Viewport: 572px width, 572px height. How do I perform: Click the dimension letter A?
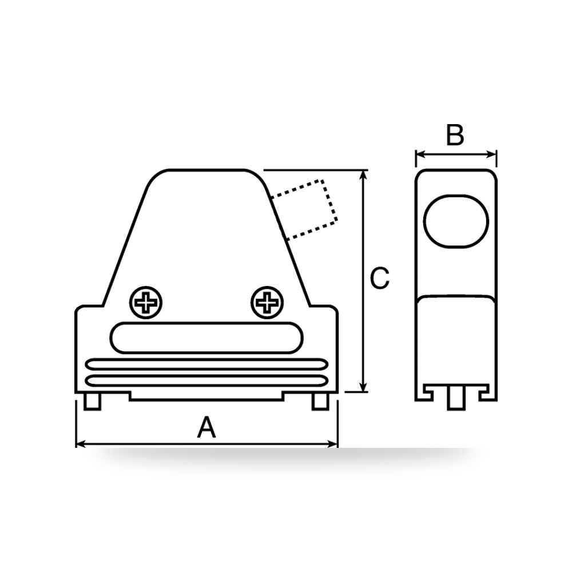click(206, 427)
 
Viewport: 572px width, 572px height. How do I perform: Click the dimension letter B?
click(455, 135)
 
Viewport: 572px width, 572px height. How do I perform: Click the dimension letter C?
click(380, 279)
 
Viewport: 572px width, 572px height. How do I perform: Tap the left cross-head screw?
click(146, 303)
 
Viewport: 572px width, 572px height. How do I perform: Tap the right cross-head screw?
click(267, 303)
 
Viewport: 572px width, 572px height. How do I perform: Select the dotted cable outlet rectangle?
click(305, 210)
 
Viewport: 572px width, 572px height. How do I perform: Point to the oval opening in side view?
click(456, 221)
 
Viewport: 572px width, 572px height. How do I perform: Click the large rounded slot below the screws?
click(206, 338)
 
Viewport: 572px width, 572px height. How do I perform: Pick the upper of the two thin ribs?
click(206, 364)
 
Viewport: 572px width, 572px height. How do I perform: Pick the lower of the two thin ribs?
click(206, 380)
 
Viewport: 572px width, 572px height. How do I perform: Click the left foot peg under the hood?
click(92, 402)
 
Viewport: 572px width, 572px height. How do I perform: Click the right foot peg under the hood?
click(321, 402)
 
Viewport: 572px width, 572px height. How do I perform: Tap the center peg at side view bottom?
click(456, 398)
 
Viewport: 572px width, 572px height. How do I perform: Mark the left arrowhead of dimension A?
click(80, 444)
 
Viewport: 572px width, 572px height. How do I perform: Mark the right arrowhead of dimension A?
click(333, 444)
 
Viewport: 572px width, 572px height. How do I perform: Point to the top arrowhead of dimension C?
click(363, 174)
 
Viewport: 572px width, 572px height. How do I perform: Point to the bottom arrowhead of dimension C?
click(363, 387)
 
